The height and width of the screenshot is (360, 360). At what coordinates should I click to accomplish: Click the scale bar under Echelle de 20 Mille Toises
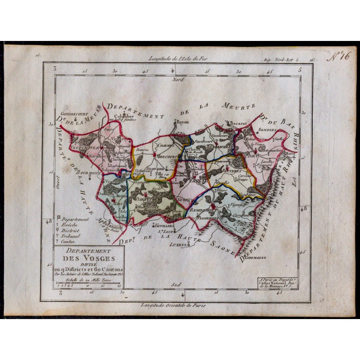point(88,284)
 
